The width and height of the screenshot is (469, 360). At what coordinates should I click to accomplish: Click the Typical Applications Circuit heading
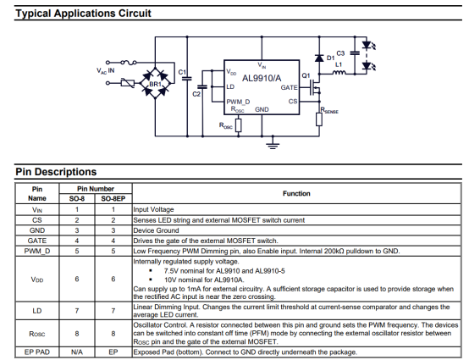point(83,14)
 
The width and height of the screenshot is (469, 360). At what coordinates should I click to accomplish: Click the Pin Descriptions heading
point(56,172)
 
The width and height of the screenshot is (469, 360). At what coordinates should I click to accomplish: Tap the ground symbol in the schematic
point(273,146)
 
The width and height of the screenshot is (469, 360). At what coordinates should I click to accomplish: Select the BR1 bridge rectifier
point(155,83)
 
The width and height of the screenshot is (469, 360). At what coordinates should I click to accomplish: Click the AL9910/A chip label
point(262,79)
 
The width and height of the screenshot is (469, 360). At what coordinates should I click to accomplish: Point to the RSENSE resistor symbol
point(319,119)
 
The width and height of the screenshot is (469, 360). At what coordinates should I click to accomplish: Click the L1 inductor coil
point(339,72)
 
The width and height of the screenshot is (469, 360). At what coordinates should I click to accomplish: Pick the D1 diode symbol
point(319,58)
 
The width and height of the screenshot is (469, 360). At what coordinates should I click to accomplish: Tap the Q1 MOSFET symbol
point(315,87)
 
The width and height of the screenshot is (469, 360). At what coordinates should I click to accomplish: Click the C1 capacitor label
point(182,72)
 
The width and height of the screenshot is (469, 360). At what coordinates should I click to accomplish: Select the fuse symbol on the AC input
point(129,62)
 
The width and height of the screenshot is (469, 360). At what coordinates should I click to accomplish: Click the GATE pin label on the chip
point(289,88)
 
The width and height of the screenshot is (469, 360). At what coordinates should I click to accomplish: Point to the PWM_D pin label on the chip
point(238,102)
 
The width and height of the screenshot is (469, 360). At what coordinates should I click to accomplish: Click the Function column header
point(296,194)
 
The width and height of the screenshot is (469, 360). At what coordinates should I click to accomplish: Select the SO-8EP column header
point(113,199)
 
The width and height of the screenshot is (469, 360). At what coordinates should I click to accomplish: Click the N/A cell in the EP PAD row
point(77,352)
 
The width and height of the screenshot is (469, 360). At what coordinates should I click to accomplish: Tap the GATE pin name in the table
point(37,241)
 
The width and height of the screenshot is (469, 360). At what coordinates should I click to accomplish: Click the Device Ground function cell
point(156,230)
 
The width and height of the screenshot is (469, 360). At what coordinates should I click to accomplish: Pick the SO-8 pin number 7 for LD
point(77,311)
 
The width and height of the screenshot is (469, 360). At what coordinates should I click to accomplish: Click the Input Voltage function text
point(153,209)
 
